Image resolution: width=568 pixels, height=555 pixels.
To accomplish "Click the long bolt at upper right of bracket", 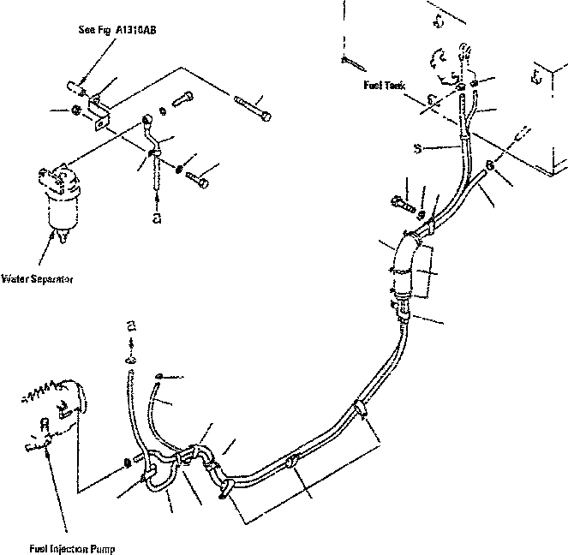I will point(252,108).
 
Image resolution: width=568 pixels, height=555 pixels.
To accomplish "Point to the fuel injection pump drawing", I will point(56,411).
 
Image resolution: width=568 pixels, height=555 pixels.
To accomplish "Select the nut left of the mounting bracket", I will point(76,110).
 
